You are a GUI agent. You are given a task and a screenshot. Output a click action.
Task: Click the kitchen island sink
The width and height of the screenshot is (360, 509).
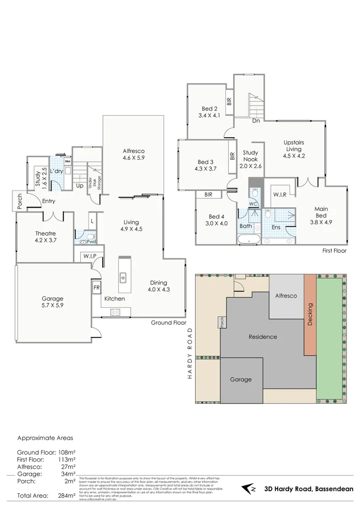point(123,278)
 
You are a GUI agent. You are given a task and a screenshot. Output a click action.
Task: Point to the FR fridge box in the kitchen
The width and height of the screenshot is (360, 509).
point(97,288)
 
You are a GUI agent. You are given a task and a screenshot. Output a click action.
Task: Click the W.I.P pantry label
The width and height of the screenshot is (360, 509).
point(89,256)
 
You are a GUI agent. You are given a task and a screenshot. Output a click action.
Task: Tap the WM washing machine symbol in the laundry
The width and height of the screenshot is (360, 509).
point(67,161)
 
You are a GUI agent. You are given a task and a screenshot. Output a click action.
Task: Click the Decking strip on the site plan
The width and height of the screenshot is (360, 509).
point(309,315)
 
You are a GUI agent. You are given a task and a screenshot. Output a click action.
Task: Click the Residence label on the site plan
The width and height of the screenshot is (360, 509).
point(263,337)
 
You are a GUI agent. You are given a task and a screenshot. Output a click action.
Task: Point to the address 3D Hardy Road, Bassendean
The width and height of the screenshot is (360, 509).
point(309,490)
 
